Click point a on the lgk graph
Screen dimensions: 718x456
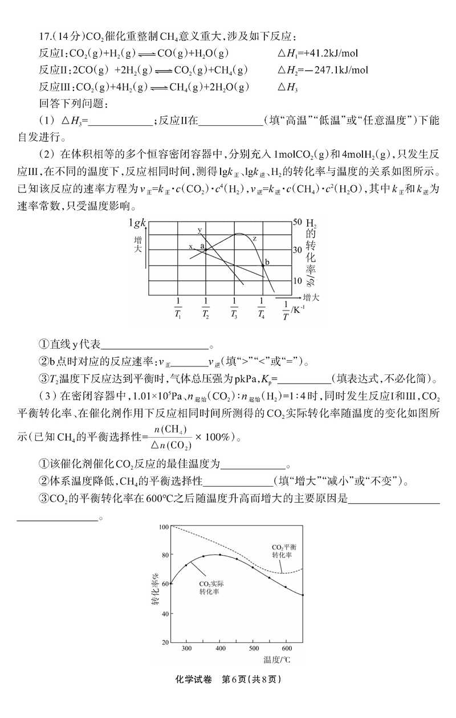click(206, 249)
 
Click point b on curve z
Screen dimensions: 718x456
click(263, 264)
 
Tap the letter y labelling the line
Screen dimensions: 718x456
click(199, 230)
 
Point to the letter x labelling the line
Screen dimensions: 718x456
click(191, 247)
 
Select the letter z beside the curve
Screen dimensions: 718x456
click(254, 238)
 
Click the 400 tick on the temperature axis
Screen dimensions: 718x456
click(220, 648)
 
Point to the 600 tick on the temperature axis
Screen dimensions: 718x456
click(286, 648)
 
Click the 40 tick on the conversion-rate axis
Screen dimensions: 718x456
click(165, 614)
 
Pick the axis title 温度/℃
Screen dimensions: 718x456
click(276, 660)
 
